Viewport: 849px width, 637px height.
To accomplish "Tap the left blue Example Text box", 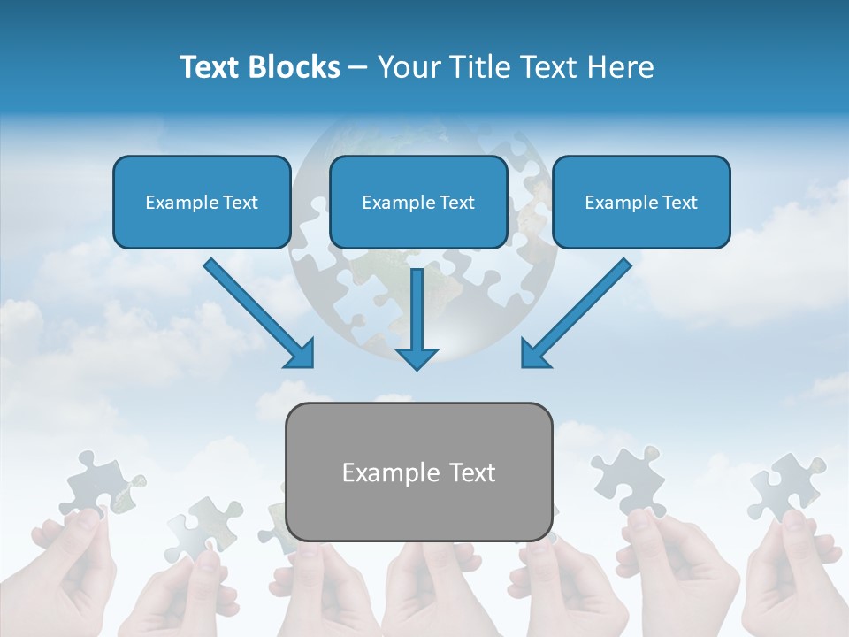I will (x=202, y=203).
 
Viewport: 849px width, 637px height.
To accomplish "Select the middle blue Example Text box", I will (x=418, y=203).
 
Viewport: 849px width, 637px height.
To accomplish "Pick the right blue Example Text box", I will (x=641, y=203).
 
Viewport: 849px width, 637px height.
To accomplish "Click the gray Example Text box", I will (x=418, y=472).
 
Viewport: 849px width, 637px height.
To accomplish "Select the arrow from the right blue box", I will (x=579, y=311).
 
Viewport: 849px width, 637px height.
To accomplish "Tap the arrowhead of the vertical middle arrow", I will (x=417, y=358).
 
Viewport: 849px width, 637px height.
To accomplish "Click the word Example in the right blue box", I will (x=618, y=203).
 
